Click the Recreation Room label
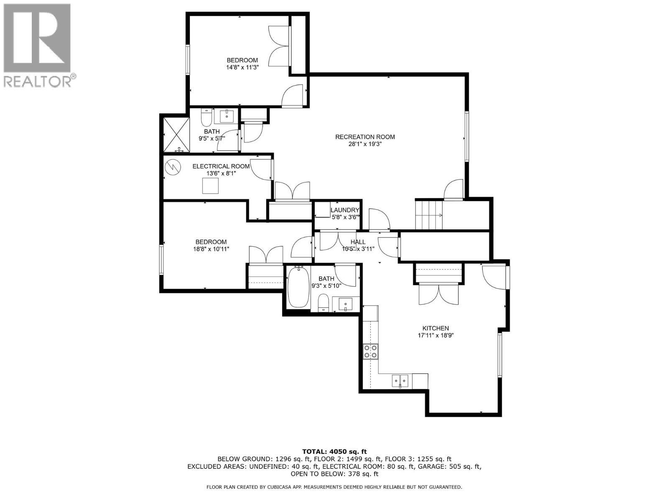pyautogui.click(x=365, y=137)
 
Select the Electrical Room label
pyautogui.click(x=221, y=166)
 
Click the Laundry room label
pyautogui.click(x=345, y=210)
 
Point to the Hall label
pyautogui.click(x=358, y=242)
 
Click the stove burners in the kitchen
pyautogui.click(x=370, y=351)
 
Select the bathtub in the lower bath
pyautogui.click(x=299, y=288)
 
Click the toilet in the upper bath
pyautogui.click(x=206, y=119)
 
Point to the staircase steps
pyautogui.click(x=429, y=215)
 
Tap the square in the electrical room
pyautogui.click(x=210, y=186)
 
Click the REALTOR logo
pyautogui.click(x=38, y=45)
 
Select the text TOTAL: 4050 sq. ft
pyautogui.click(x=334, y=451)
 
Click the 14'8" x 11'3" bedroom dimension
pyautogui.click(x=242, y=67)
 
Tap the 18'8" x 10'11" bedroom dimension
pyautogui.click(x=211, y=249)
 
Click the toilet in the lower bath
pyautogui.click(x=323, y=303)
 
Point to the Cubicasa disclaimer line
pyautogui.click(x=334, y=487)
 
